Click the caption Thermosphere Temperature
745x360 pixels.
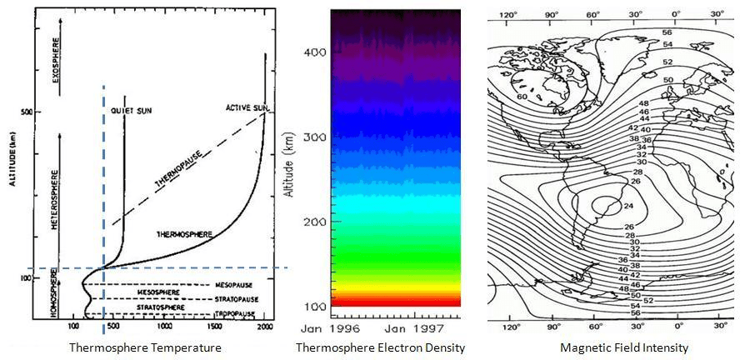coord(145,347)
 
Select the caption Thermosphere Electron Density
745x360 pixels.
coord(380,347)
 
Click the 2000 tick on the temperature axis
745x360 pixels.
coord(266,327)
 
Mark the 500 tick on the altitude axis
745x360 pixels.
coord(37,112)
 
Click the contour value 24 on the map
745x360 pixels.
coord(628,205)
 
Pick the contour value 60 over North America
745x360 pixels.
coord(521,97)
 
